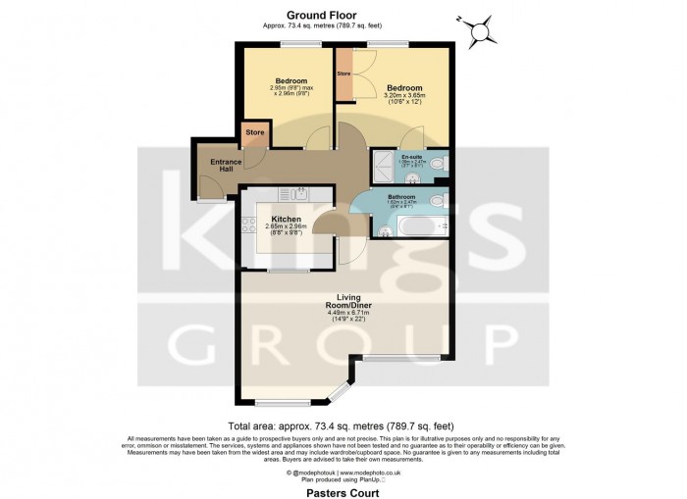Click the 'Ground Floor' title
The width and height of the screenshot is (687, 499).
click(x=314, y=14)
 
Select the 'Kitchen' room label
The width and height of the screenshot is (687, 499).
click(x=286, y=219)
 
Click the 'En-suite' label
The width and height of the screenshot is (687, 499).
click(x=412, y=157)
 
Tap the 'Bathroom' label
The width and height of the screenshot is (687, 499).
click(x=402, y=196)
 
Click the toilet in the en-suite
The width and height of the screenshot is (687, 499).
click(x=440, y=164)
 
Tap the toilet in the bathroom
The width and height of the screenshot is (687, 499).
click(x=440, y=201)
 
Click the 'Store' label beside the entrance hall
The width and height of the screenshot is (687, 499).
click(x=254, y=131)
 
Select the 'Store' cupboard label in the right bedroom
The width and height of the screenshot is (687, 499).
click(x=343, y=74)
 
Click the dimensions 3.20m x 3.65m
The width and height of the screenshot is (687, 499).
click(x=403, y=97)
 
